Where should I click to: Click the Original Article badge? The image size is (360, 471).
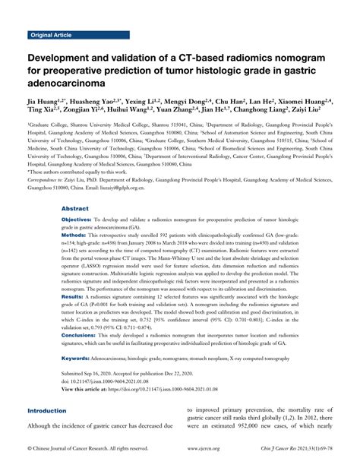[52, 35]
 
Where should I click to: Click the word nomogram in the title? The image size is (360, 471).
[305, 58]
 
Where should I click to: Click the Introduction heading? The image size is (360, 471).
[51, 411]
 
